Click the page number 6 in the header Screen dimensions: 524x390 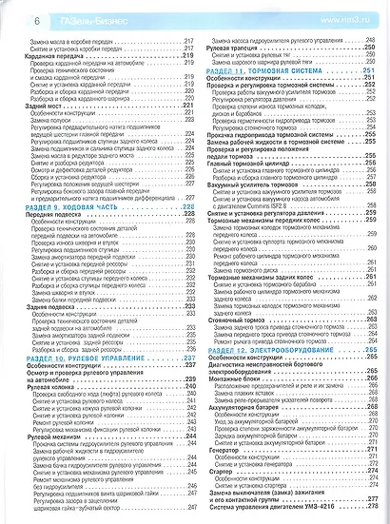pos(11,16)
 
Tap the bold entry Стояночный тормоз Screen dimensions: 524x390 pos(242,319)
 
